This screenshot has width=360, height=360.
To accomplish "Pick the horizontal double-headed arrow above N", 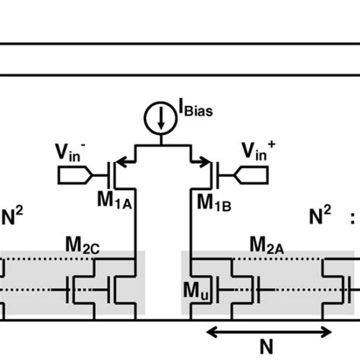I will tap(270, 330).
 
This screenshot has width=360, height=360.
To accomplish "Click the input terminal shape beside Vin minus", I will tap(74, 176).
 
